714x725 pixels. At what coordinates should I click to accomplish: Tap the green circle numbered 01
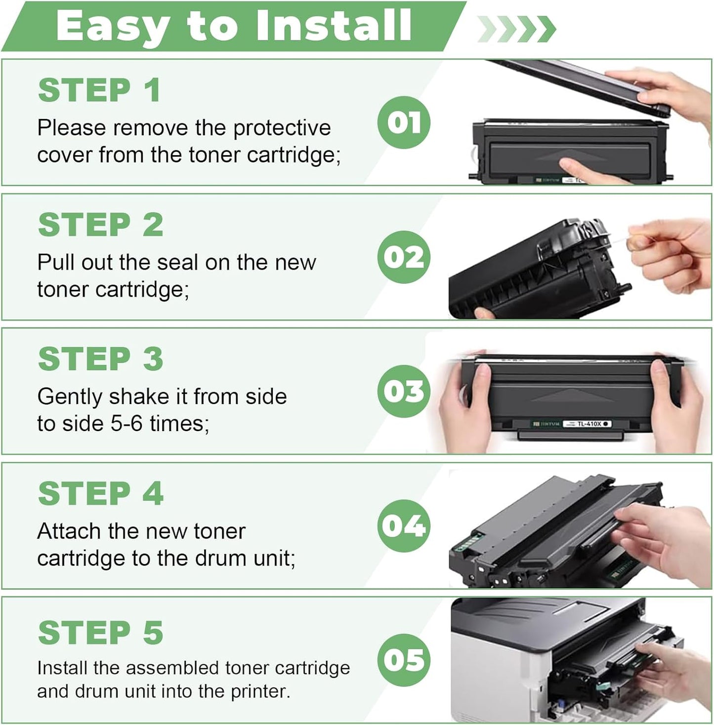[404, 122]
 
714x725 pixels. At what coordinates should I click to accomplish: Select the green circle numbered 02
[404, 257]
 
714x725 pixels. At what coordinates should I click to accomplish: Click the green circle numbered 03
[404, 391]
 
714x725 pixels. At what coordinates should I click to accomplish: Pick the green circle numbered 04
[404, 525]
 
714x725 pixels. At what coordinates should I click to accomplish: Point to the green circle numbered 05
[404, 660]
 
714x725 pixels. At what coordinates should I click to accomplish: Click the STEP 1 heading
[99, 90]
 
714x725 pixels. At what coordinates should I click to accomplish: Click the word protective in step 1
[282, 128]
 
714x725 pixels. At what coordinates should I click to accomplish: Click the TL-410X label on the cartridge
[588, 424]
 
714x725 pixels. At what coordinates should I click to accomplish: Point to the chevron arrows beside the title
[516, 29]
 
